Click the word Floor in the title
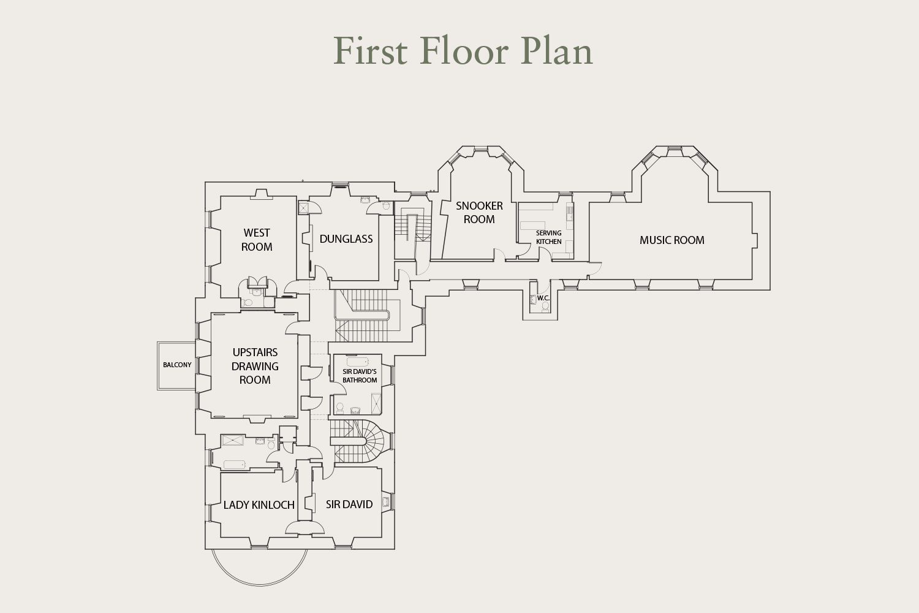pyautogui.click(x=464, y=51)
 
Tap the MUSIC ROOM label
pyautogui.click(x=671, y=240)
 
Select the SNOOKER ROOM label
pyautogui.click(x=479, y=212)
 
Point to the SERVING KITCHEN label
pyautogui.click(x=548, y=237)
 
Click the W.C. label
pyautogui.click(x=543, y=298)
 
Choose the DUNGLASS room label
pyautogui.click(x=346, y=239)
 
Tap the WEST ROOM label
pyautogui.click(x=257, y=240)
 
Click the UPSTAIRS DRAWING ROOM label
pyautogui.click(x=255, y=366)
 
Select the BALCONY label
pyautogui.click(x=177, y=365)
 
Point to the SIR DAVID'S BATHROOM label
pyautogui.click(x=360, y=376)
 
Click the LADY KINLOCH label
pyautogui.click(x=259, y=505)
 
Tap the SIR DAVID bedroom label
pyautogui.click(x=349, y=504)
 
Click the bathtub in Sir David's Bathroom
pyautogui.click(x=358, y=362)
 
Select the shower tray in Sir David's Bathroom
pyautogui.click(x=376, y=403)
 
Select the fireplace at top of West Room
pyautogui.click(x=262, y=194)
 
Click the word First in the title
pyautogui.click(x=371, y=51)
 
